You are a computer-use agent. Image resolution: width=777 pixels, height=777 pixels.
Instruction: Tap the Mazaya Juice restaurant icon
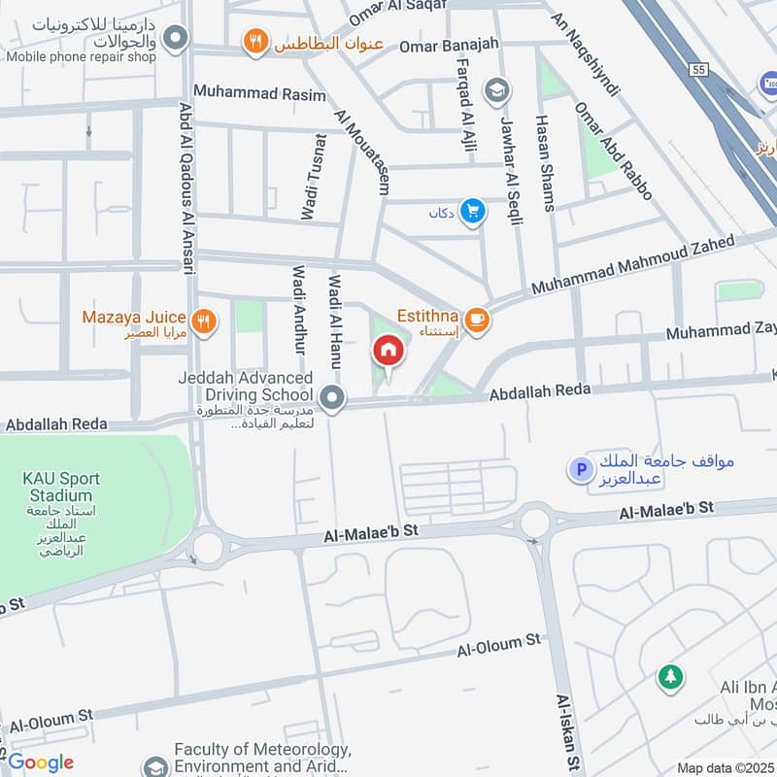(x=204, y=322)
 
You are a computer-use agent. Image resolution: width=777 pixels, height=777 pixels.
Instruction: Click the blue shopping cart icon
(x=473, y=212)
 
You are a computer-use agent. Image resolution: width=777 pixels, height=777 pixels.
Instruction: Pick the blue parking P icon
(x=580, y=471)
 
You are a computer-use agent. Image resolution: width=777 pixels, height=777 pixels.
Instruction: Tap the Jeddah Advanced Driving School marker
(x=332, y=397)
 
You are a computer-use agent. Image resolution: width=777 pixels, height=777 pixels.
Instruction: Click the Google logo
(x=41, y=762)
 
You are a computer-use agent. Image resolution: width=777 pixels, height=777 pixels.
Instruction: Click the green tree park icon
(x=669, y=677)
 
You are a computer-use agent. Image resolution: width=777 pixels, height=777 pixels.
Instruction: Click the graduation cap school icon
(x=496, y=90)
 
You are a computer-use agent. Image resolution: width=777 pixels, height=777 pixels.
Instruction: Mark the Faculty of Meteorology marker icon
(x=153, y=767)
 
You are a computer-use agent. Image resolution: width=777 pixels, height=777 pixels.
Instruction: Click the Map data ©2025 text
(x=724, y=767)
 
